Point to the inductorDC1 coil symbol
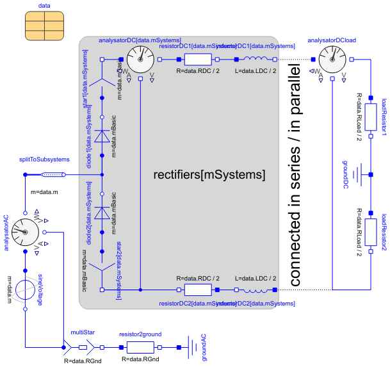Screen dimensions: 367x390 [x=256, y=60]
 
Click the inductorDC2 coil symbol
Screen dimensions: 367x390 [x=256, y=290]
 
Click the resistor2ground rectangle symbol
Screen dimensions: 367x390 [x=140, y=348]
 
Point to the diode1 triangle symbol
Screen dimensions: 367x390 [x=102, y=136]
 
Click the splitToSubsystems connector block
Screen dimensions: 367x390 [x=52, y=175]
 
